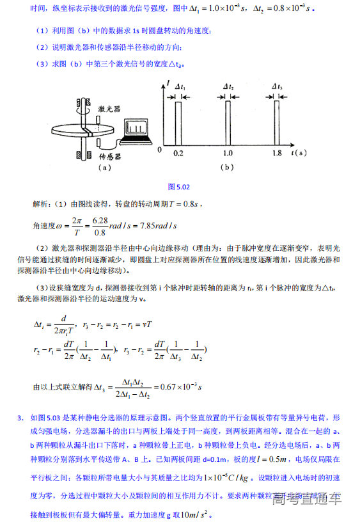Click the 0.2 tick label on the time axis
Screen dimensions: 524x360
click(178, 154)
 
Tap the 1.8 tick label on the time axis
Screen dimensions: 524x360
click(277, 154)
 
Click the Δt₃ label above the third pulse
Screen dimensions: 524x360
click(277, 87)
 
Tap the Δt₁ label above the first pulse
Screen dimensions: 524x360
click(179, 87)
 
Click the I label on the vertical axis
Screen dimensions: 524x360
click(168, 83)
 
